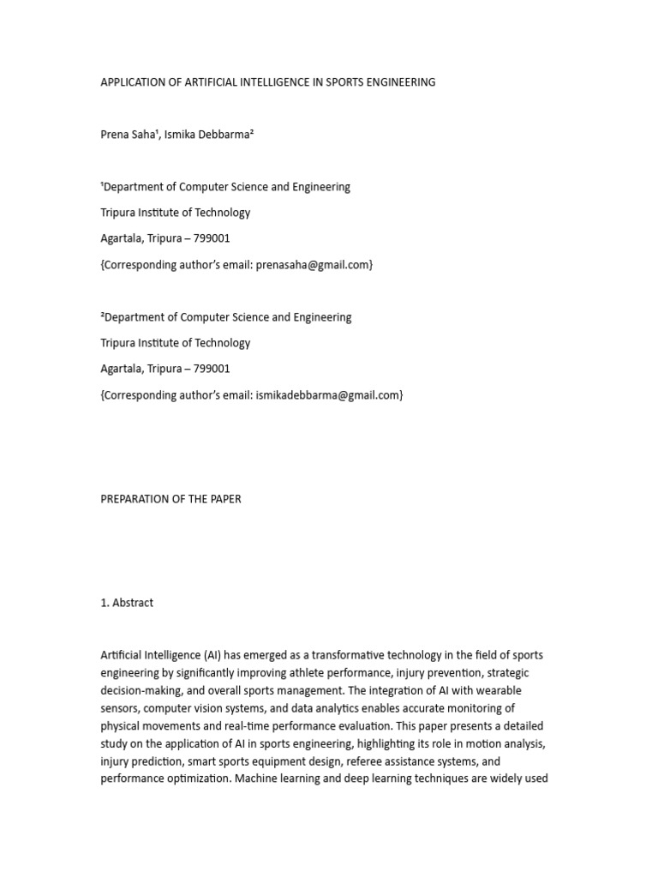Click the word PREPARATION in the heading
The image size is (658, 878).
pyautogui.click(x=136, y=499)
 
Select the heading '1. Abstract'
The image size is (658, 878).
pyautogui.click(x=127, y=603)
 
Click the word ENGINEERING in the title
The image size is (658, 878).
pyautogui.click(x=400, y=82)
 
